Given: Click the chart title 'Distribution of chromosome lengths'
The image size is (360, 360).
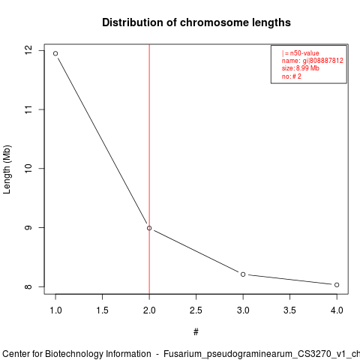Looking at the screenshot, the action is pos(196,22).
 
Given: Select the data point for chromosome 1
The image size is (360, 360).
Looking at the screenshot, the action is pos(55,53).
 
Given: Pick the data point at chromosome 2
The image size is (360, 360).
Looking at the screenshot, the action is pos(149,228).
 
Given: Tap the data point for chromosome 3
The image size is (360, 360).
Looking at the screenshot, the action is pos(243,274).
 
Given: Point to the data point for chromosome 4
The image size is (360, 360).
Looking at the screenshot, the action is pos(337,285).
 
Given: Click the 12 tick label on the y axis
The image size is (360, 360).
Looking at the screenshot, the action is pos(28,51).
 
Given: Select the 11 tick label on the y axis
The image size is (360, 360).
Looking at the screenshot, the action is pos(28,109).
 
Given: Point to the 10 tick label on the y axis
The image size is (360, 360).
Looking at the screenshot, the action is pos(28,168).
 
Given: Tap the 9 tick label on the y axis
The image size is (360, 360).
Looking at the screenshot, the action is pos(28,227).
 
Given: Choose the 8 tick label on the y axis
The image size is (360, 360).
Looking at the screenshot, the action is pos(28,286).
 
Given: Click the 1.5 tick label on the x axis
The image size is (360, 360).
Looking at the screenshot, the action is pos(103,310).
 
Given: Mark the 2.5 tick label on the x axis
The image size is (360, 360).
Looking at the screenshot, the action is pos(196,310).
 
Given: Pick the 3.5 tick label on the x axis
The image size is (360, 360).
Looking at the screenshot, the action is pos(289,310).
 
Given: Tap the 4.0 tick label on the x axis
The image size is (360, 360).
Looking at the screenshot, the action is pos(337,310).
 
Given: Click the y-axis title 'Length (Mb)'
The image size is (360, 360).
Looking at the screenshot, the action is pos(7,169).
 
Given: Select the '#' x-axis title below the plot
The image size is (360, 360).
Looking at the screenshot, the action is pos(196,332).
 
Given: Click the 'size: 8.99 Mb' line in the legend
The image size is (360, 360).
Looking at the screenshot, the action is pos(301,68).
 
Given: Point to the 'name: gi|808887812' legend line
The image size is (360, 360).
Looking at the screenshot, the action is pos(313,61).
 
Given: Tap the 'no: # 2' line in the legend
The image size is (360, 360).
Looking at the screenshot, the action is pos(292,76).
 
